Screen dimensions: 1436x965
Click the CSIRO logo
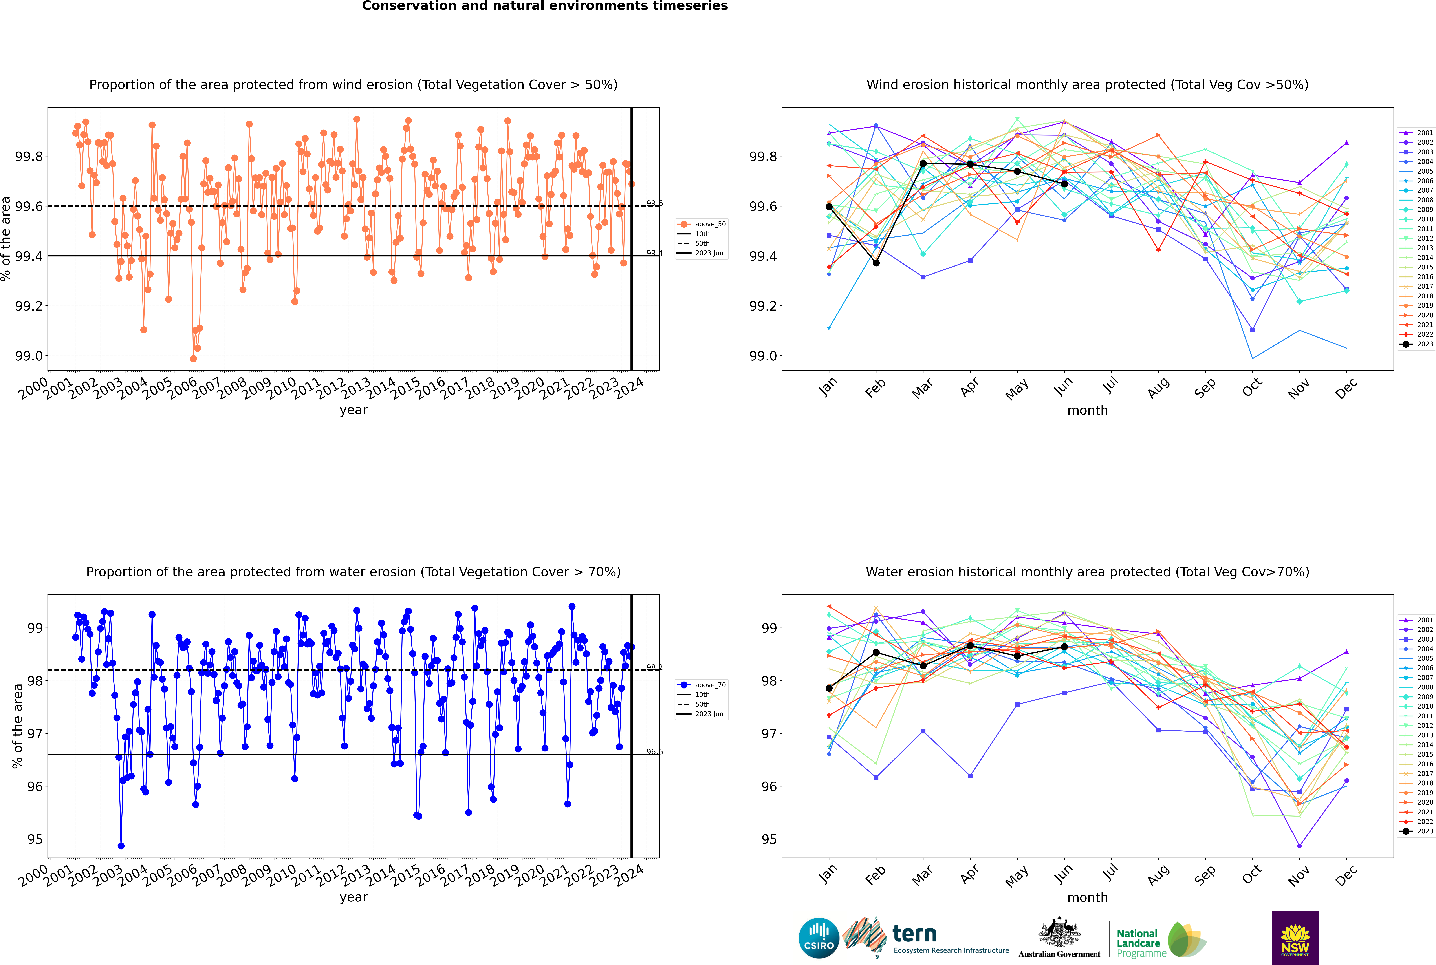819,938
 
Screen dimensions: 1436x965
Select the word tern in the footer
915,934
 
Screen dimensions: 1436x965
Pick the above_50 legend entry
702,224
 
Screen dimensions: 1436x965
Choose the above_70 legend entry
702,684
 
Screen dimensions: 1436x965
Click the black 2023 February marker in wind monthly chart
876,263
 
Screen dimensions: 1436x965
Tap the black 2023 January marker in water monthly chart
829,688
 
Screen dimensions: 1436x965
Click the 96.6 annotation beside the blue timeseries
654,751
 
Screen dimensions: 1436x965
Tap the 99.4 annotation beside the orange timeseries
654,253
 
